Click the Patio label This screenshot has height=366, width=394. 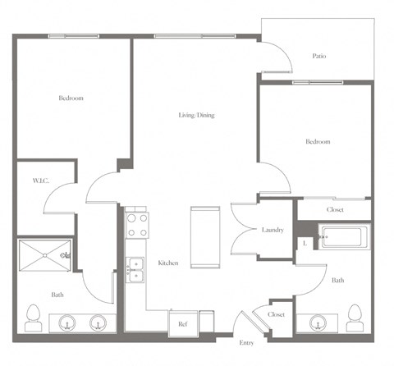click(319, 57)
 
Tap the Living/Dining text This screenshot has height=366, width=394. click(196, 116)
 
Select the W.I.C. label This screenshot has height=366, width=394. click(40, 181)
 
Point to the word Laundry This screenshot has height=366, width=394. click(273, 230)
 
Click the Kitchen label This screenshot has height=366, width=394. click(168, 263)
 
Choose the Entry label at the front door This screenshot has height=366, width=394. click(246, 342)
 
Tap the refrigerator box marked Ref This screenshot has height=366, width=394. click(183, 323)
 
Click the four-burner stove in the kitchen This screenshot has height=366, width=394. click(136, 224)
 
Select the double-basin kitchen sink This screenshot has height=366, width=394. click(135, 269)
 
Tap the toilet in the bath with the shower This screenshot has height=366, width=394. click(34, 315)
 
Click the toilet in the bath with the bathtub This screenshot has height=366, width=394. click(355, 315)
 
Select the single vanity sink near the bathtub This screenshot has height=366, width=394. click(316, 323)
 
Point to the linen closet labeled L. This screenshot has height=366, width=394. click(305, 242)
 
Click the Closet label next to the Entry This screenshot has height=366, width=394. click(276, 313)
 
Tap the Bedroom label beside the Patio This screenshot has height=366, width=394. click(318, 142)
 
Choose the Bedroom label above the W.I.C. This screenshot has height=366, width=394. click(71, 98)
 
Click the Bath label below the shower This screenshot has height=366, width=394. click(57, 295)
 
